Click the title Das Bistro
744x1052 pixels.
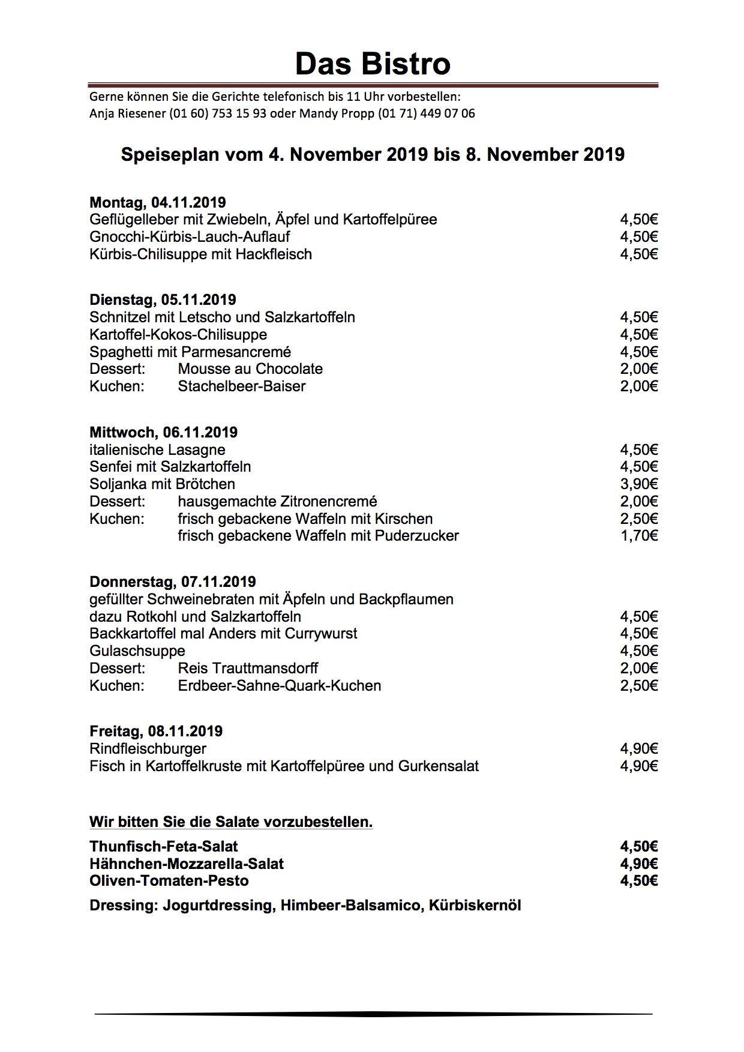tap(372, 64)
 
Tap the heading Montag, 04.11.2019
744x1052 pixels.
tap(157, 203)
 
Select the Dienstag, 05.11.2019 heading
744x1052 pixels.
tap(163, 300)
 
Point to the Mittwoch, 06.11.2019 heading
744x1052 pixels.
tap(163, 433)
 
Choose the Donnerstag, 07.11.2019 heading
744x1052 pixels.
tap(172, 582)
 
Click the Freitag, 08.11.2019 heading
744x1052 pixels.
tap(156, 732)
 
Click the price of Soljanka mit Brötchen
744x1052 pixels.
tap(639, 484)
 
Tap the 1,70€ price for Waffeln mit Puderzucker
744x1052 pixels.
tap(639, 536)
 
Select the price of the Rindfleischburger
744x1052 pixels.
tap(639, 749)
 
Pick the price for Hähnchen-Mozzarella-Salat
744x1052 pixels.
tap(639, 864)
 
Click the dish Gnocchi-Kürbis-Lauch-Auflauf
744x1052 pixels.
tap(190, 237)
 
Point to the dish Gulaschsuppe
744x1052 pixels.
tap(137, 651)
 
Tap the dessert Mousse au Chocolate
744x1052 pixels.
tap(250, 369)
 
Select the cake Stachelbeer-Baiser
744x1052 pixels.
tap(242, 386)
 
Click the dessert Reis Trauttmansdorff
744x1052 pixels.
tap(248, 669)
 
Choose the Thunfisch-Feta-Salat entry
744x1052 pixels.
tap(163, 847)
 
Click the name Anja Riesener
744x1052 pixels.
tap(127, 113)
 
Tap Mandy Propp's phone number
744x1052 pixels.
tap(427, 113)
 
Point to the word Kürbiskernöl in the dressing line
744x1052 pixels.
tap(475, 906)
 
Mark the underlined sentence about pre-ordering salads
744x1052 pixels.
tap(231, 822)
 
